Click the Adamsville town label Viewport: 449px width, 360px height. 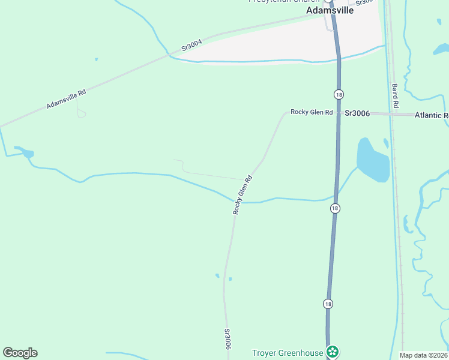click(331, 11)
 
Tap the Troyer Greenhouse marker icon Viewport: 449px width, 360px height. click(332, 352)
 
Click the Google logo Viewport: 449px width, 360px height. click(20, 353)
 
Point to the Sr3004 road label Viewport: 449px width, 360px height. click(193, 45)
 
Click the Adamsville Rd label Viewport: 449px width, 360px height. click(66, 100)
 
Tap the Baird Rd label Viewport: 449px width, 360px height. click(395, 95)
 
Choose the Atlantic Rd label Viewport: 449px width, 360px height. click(431, 115)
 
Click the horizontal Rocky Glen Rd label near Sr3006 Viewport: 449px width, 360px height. click(312, 112)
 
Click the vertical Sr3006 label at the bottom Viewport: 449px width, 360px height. click(228, 339)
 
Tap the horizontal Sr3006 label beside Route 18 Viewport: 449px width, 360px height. click(357, 113)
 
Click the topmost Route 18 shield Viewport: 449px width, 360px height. click(339, 95)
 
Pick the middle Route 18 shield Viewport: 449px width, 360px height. click(334, 208)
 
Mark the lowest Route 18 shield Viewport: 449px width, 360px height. click(327, 304)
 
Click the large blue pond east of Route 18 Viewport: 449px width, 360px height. click(373, 160)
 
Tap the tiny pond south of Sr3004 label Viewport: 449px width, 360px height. click(96, 59)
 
